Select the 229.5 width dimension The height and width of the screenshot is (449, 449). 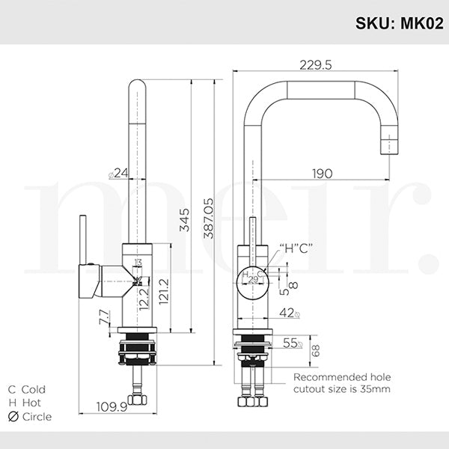(x=317, y=64)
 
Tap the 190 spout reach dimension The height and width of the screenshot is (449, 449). (x=322, y=174)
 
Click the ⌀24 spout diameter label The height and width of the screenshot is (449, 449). (x=119, y=174)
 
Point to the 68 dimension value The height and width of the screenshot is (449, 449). (x=315, y=349)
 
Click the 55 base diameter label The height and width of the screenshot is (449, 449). (x=291, y=343)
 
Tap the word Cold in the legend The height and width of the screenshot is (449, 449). (x=34, y=389)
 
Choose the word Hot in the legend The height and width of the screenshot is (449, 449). (x=31, y=403)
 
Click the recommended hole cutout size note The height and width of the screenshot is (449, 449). (x=341, y=383)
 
